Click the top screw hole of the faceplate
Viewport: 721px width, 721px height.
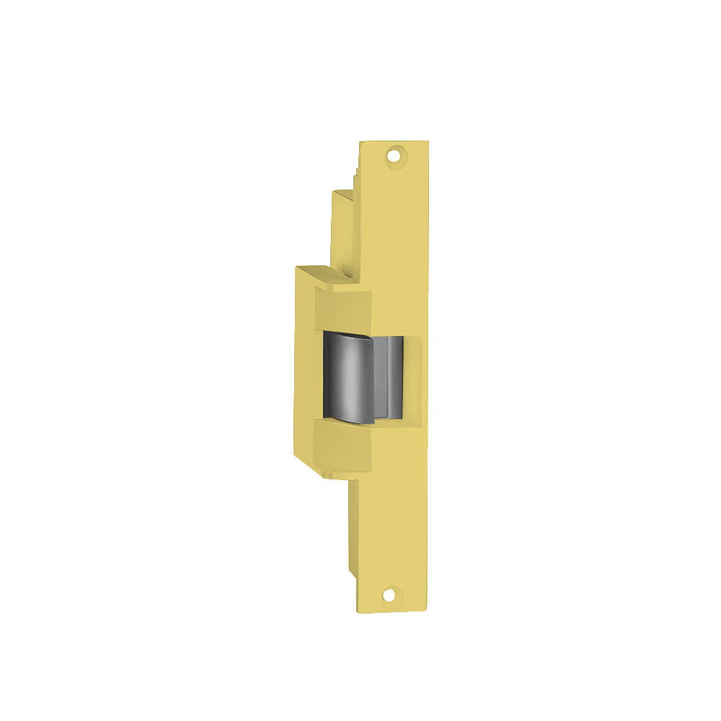pyautogui.click(x=393, y=154)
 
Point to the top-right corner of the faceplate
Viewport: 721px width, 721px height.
pyautogui.click(x=427, y=142)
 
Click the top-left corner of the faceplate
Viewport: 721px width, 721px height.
pyautogui.click(x=360, y=142)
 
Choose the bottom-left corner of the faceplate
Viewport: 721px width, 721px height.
pyautogui.click(x=359, y=611)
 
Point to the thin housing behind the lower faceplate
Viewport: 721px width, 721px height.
pyautogui.click(x=353, y=526)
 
